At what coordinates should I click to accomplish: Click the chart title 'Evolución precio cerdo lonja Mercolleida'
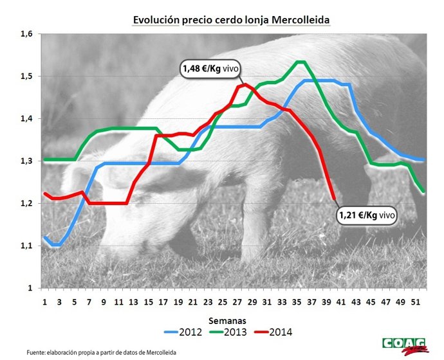(230, 20)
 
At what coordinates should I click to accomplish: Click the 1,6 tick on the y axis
(26, 34)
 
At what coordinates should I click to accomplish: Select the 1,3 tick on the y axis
(26, 161)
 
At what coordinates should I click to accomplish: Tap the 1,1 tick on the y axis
(26, 246)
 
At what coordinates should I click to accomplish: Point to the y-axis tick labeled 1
(29, 288)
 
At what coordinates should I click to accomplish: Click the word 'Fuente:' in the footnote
(38, 352)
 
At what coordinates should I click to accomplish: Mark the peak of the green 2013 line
(300, 62)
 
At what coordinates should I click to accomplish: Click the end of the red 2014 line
(333, 199)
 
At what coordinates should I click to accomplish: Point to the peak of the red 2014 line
(245, 84)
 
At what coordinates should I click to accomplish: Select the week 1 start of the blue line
(44, 237)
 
